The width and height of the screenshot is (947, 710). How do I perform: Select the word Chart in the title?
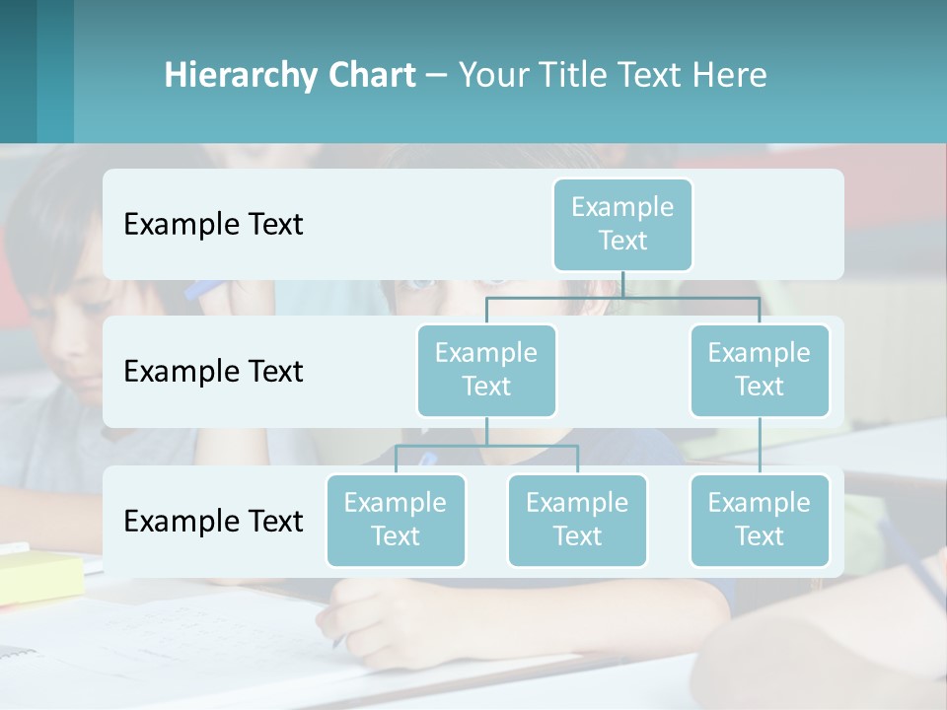373,76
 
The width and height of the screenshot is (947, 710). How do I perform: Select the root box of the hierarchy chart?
622,224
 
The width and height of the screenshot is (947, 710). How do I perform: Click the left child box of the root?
486,370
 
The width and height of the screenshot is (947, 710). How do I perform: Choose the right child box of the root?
760,370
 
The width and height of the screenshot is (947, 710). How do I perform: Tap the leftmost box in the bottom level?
396,520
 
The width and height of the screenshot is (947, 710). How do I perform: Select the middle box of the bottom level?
577,520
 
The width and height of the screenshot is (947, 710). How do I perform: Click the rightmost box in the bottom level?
760,520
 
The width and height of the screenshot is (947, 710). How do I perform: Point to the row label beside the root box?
213,225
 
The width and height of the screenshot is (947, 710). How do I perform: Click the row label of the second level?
213,372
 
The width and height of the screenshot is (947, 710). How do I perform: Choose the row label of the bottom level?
213,522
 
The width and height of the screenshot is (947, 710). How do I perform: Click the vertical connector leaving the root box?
622,284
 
